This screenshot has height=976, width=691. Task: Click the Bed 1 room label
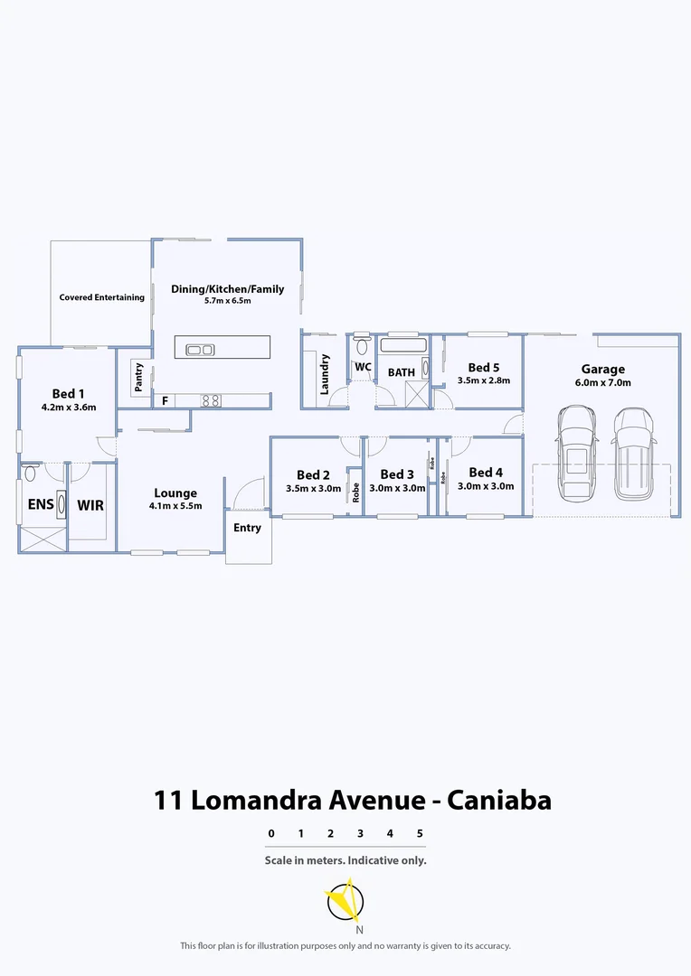pos(68,393)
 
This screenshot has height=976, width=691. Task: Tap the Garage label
pos(602,369)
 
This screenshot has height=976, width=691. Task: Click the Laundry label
pos(325,374)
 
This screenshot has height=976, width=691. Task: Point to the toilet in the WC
pos(362,345)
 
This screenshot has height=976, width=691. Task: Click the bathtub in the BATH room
pos(401,345)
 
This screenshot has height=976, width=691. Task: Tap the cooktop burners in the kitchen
pos(211,399)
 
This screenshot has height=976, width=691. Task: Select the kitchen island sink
pos(199,350)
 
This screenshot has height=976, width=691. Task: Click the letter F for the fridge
pos(165,400)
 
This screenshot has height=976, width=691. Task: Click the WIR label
pos(90,505)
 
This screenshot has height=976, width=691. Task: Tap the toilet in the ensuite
pos(31,473)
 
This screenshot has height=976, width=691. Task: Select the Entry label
pos(247,528)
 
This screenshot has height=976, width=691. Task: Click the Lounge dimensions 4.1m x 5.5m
pos(175,506)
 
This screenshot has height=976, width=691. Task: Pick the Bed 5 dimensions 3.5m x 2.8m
pos(484,380)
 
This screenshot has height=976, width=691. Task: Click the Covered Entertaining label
pos(102,297)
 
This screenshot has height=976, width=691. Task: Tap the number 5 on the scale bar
pos(420,833)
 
